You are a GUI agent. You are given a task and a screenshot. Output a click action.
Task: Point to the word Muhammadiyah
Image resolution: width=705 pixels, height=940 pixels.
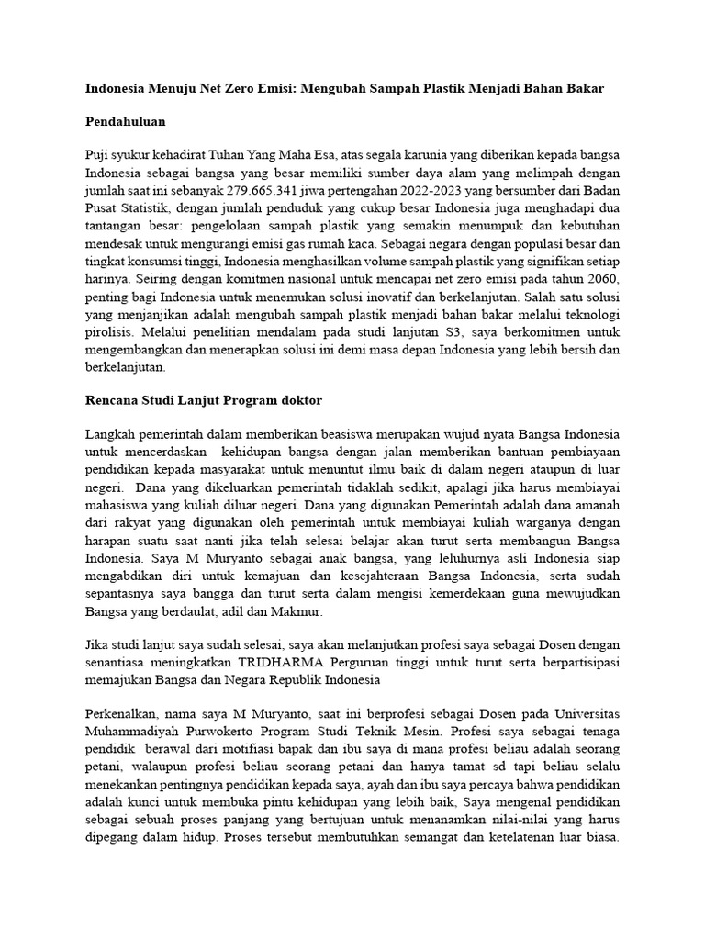coord(130,732)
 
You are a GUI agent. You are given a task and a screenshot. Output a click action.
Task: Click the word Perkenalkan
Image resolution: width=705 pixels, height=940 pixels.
coord(123,714)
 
